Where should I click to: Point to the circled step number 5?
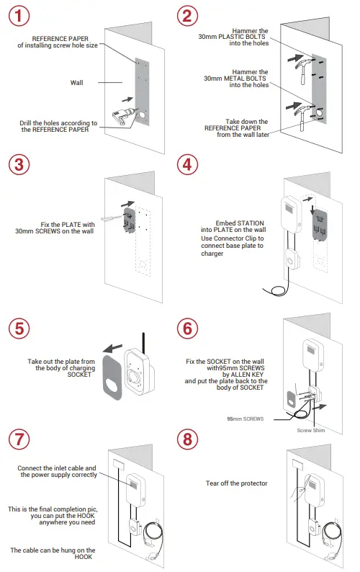point(19,328)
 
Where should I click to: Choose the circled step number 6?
point(187,328)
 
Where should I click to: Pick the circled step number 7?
point(19,439)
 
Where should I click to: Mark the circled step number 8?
point(187,439)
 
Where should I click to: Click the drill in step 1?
point(125,115)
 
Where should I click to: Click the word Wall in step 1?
point(76,83)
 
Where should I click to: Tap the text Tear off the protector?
point(236,483)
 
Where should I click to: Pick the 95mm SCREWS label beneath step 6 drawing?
point(245,418)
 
